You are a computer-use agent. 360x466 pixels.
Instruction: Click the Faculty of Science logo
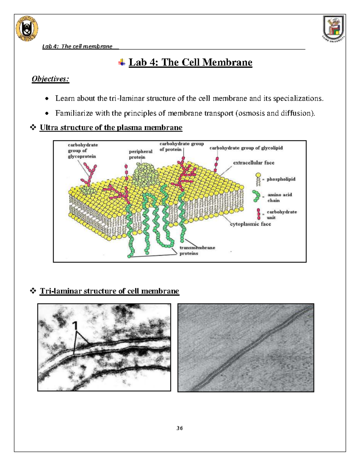[27, 29]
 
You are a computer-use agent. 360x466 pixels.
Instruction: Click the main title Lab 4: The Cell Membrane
[190, 62]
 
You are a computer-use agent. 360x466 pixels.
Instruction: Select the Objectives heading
[50, 79]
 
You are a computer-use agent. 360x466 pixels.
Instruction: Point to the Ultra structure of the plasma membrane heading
[111, 128]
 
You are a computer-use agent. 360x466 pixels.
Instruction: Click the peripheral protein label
[140, 154]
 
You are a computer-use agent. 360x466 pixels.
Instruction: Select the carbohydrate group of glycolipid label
[246, 148]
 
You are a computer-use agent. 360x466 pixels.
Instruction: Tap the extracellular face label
[253, 163]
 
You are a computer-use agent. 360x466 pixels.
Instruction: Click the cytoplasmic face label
[250, 224]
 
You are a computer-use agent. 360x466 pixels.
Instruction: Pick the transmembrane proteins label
[197, 250]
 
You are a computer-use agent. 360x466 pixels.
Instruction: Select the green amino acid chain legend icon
[256, 196]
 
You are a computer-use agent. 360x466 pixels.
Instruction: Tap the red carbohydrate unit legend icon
[259, 214]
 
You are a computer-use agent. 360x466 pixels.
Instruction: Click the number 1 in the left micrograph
[75, 326]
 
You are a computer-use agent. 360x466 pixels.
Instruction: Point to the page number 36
[180, 428]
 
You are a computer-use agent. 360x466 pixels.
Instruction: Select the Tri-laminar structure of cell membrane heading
[109, 291]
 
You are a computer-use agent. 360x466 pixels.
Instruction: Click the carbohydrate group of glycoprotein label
[82, 150]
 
